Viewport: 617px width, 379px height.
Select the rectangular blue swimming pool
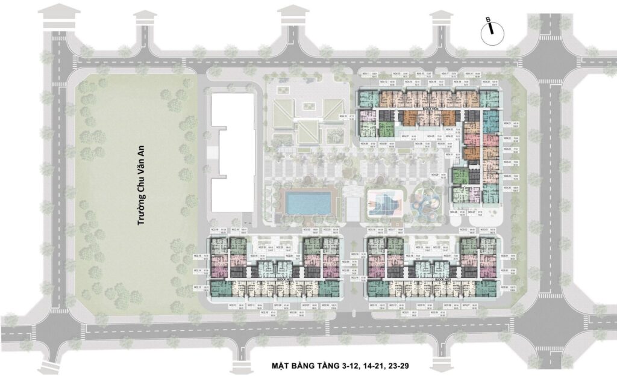coord(309,203)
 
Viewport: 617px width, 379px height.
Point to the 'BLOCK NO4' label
coord(430,109)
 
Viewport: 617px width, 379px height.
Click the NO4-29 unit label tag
coord(438,174)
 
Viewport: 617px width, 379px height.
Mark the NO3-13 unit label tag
coord(374,306)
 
